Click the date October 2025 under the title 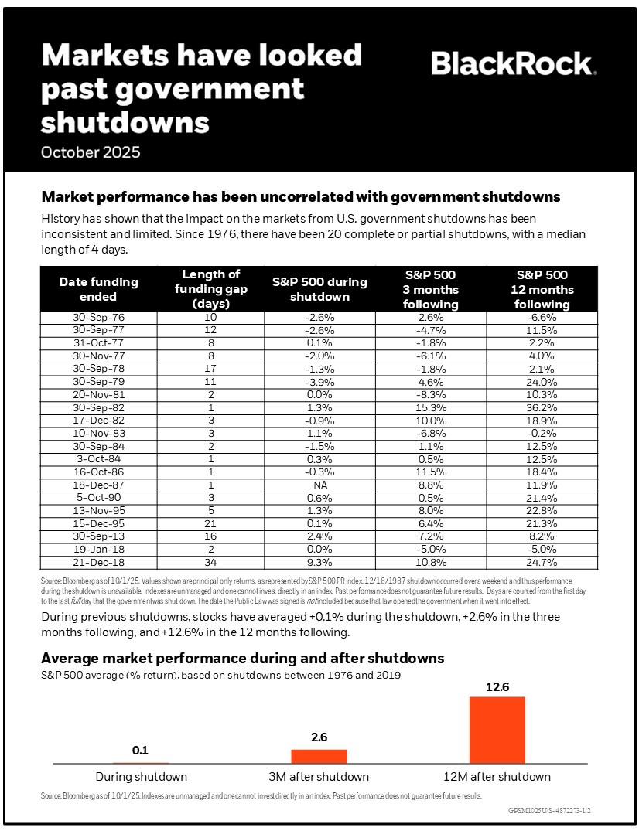point(91,152)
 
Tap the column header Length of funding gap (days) point(210,289)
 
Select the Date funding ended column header point(98,289)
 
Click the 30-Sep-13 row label point(98,536)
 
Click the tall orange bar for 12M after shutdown point(497,730)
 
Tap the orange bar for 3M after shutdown point(319,756)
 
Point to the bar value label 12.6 point(497,686)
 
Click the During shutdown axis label point(141,776)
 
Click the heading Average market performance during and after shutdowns point(242,658)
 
